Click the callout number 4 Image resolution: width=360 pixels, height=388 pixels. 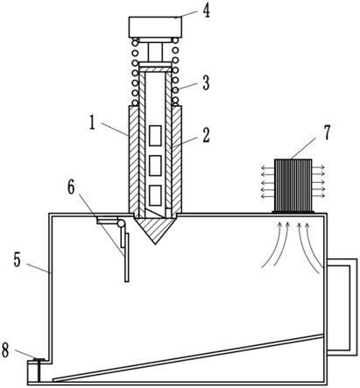click(x=207, y=11)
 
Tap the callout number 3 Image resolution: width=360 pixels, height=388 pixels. click(x=206, y=83)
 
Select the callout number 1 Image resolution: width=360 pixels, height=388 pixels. click(x=92, y=123)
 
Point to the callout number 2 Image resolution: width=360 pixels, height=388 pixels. click(x=206, y=136)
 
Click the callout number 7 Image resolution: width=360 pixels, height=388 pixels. click(x=327, y=132)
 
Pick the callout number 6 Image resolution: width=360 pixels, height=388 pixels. click(x=72, y=187)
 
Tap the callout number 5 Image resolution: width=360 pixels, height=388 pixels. click(x=18, y=260)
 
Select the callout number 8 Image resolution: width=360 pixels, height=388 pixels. click(x=5, y=350)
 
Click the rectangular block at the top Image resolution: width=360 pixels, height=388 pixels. click(x=155, y=27)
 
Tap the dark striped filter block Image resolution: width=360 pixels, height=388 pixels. click(x=293, y=185)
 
